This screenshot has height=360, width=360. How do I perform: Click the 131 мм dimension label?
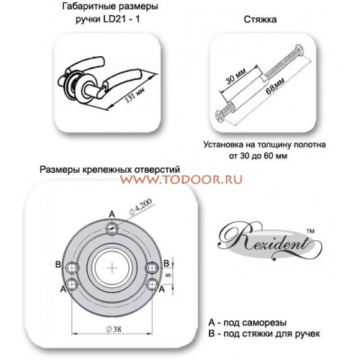135,94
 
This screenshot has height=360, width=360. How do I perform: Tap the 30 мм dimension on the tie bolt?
235,76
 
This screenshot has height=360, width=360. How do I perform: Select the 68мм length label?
275,86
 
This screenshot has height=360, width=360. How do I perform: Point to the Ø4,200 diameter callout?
140,207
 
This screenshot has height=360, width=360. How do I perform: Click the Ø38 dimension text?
114,329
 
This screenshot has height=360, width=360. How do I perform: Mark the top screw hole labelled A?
112,228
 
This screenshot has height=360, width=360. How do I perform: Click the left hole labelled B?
72,268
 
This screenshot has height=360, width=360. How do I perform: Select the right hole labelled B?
152,268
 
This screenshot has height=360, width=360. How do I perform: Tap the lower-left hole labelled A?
72,284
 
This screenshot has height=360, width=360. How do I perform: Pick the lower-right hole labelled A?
152,284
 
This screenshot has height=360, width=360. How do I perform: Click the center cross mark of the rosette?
112,268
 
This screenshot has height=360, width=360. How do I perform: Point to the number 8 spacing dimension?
168,275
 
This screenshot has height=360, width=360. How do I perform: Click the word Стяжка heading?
260,19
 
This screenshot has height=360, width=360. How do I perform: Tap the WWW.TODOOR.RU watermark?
181,179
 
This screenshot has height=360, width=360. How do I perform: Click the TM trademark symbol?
310,231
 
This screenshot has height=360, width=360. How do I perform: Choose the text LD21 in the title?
114,19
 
